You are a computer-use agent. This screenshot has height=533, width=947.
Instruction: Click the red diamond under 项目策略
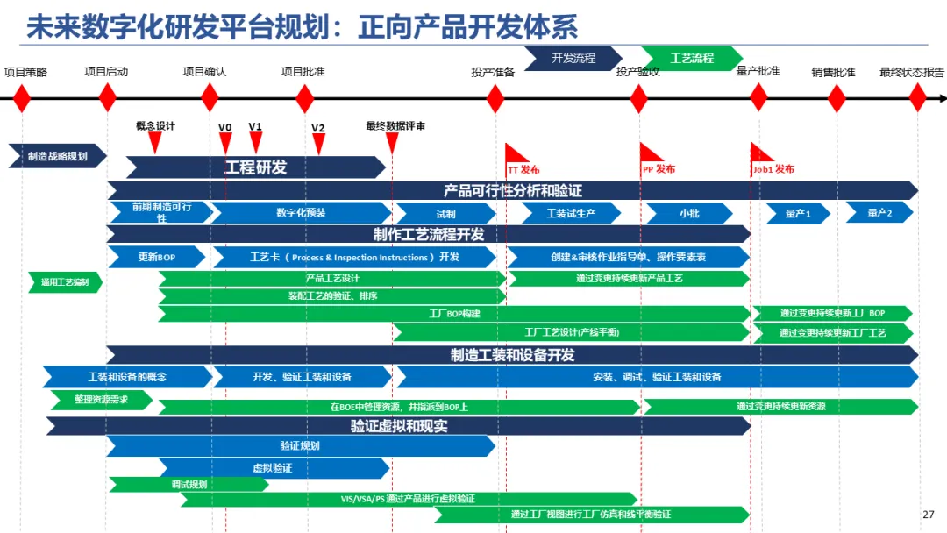click(x=21, y=97)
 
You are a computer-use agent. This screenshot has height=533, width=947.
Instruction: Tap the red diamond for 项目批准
click(x=304, y=97)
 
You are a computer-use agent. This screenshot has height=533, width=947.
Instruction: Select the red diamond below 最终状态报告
click(x=917, y=97)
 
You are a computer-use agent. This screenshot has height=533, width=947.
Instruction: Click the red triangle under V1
click(x=255, y=141)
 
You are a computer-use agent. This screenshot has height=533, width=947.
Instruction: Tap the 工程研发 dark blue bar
click(x=256, y=167)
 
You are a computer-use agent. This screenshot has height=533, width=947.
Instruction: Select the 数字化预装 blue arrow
click(x=301, y=212)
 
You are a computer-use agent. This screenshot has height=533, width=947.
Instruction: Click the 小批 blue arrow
click(x=688, y=213)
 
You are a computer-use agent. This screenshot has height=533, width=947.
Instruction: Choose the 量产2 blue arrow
click(x=879, y=212)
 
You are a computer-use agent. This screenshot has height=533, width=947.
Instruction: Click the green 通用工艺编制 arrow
click(x=65, y=282)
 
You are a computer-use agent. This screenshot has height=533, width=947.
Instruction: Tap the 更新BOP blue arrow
click(x=157, y=257)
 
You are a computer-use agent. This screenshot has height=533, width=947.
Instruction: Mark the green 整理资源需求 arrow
click(x=99, y=400)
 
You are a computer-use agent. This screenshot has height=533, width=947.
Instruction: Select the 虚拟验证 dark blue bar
click(x=273, y=468)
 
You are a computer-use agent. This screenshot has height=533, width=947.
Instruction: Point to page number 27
click(x=929, y=515)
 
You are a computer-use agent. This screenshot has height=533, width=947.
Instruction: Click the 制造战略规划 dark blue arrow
click(x=57, y=156)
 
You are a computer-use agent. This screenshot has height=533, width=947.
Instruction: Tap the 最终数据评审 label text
click(x=395, y=126)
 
